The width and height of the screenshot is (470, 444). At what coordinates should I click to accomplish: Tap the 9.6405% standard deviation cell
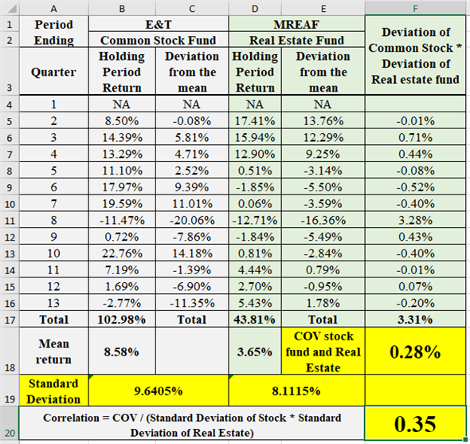point(159,391)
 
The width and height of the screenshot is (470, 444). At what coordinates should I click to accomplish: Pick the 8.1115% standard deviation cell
point(296,391)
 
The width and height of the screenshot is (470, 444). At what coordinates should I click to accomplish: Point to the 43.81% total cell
point(255,319)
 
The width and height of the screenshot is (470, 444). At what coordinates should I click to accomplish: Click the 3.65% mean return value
point(255,352)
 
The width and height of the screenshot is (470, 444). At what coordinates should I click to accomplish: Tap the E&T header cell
point(159,25)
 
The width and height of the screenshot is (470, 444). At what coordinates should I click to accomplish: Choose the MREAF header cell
point(296,25)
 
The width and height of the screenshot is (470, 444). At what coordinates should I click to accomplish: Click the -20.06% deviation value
point(191,220)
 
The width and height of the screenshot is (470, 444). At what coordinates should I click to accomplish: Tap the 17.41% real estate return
point(255,120)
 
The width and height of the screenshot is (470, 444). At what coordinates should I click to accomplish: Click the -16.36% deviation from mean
point(323,220)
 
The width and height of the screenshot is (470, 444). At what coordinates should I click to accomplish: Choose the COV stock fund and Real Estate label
point(323,352)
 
